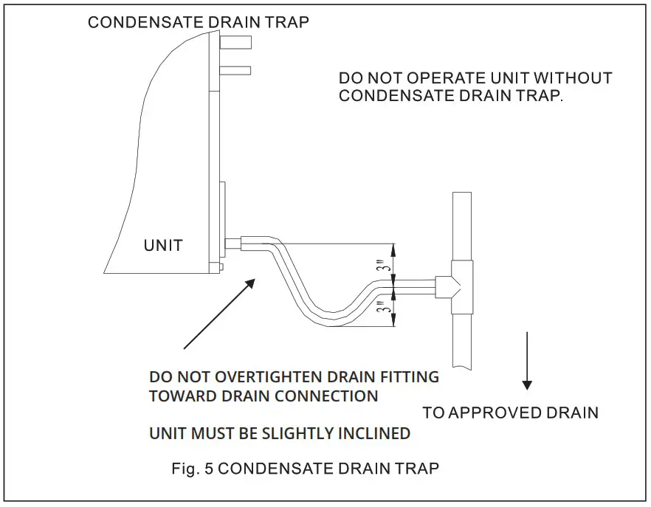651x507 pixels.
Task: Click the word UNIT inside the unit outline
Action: pyautogui.click(x=162, y=245)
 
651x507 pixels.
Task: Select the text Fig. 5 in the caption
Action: pyautogui.click(x=190, y=468)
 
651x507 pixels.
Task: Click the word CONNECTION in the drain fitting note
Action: pyautogui.click(x=326, y=396)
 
